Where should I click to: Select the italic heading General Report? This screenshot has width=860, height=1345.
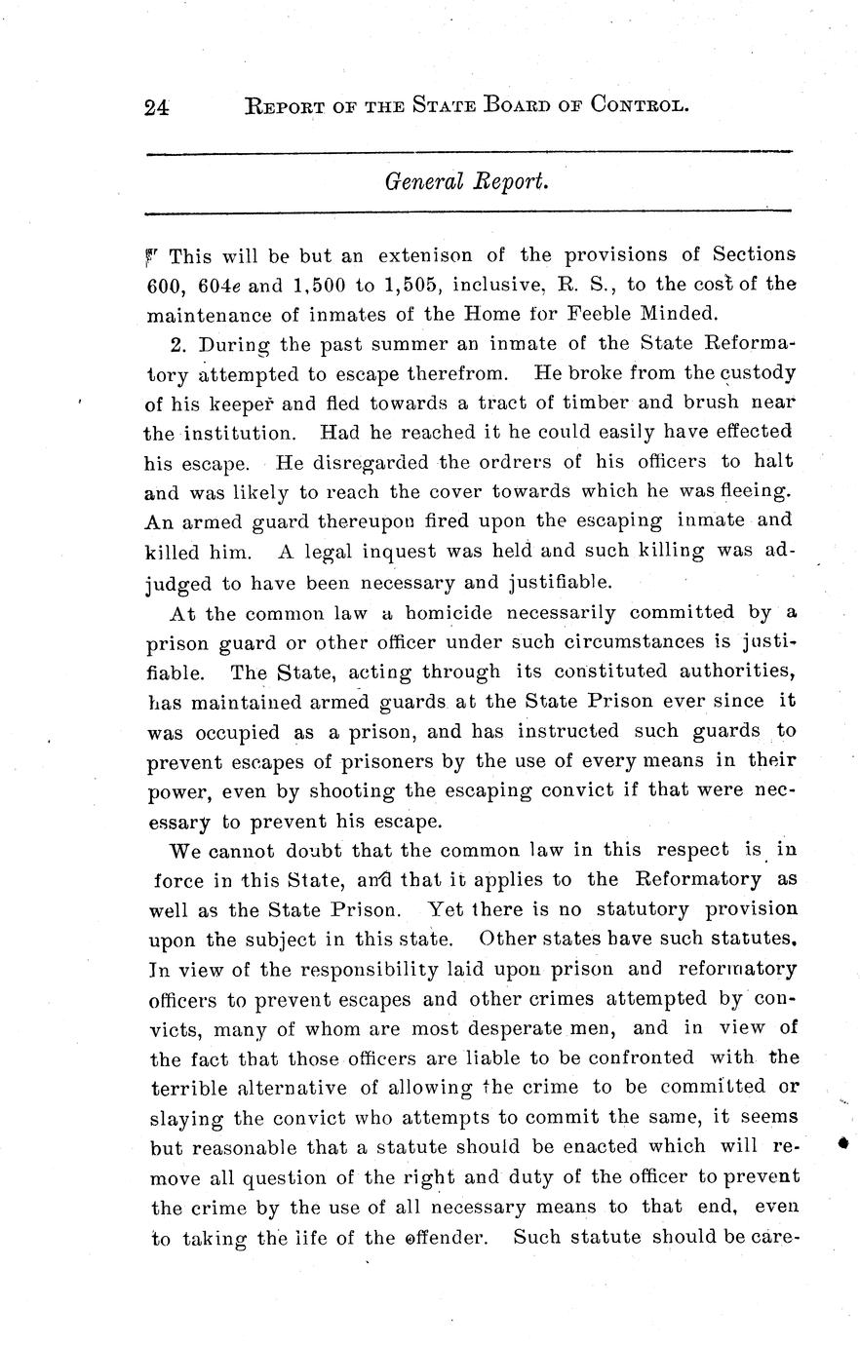466,181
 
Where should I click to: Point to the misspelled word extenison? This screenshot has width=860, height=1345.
425,256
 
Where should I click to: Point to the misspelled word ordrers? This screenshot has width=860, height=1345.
515,461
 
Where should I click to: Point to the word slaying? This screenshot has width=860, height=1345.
186,1117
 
